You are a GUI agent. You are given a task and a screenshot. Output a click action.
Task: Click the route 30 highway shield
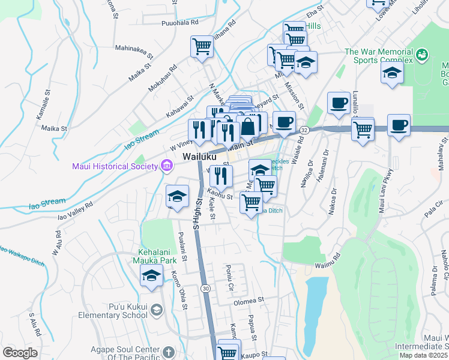pyautogui.click(x=205, y=289)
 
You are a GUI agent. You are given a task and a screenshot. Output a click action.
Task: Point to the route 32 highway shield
pyautogui.click(x=304, y=130)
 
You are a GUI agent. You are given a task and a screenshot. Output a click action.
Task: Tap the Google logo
pyautogui.click(x=20, y=353)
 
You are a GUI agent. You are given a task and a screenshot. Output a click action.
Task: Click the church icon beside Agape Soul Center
pyautogui.click(x=169, y=351)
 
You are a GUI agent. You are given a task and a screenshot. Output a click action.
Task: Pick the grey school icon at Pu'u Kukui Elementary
pyautogui.click(x=156, y=310)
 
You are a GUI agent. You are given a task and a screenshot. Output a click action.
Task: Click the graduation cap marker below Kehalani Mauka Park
pyautogui.click(x=151, y=275)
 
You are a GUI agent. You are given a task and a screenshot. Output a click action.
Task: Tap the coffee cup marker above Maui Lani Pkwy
pyautogui.click(x=399, y=125)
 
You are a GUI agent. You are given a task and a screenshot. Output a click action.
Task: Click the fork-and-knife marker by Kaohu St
pyautogui.click(x=221, y=176)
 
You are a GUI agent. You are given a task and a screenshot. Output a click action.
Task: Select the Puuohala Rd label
pyautogui.click(x=179, y=23)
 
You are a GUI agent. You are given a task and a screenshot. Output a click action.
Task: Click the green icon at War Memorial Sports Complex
pyautogui.click(x=422, y=55)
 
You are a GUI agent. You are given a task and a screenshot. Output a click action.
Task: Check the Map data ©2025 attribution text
pyautogui.click(x=423, y=355)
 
